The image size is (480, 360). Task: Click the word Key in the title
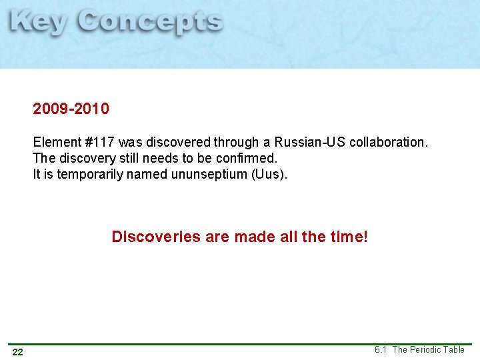[x=39, y=22]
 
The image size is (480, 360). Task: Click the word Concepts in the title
[x=150, y=23]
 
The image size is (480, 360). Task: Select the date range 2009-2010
[x=71, y=109]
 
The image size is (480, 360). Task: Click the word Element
[x=55, y=143]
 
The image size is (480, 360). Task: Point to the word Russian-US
[x=310, y=143]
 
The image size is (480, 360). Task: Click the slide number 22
[x=18, y=352]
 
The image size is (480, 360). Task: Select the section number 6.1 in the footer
[x=381, y=349]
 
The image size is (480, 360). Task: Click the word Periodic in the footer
[x=427, y=349]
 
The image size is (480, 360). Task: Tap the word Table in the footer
[x=454, y=349]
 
